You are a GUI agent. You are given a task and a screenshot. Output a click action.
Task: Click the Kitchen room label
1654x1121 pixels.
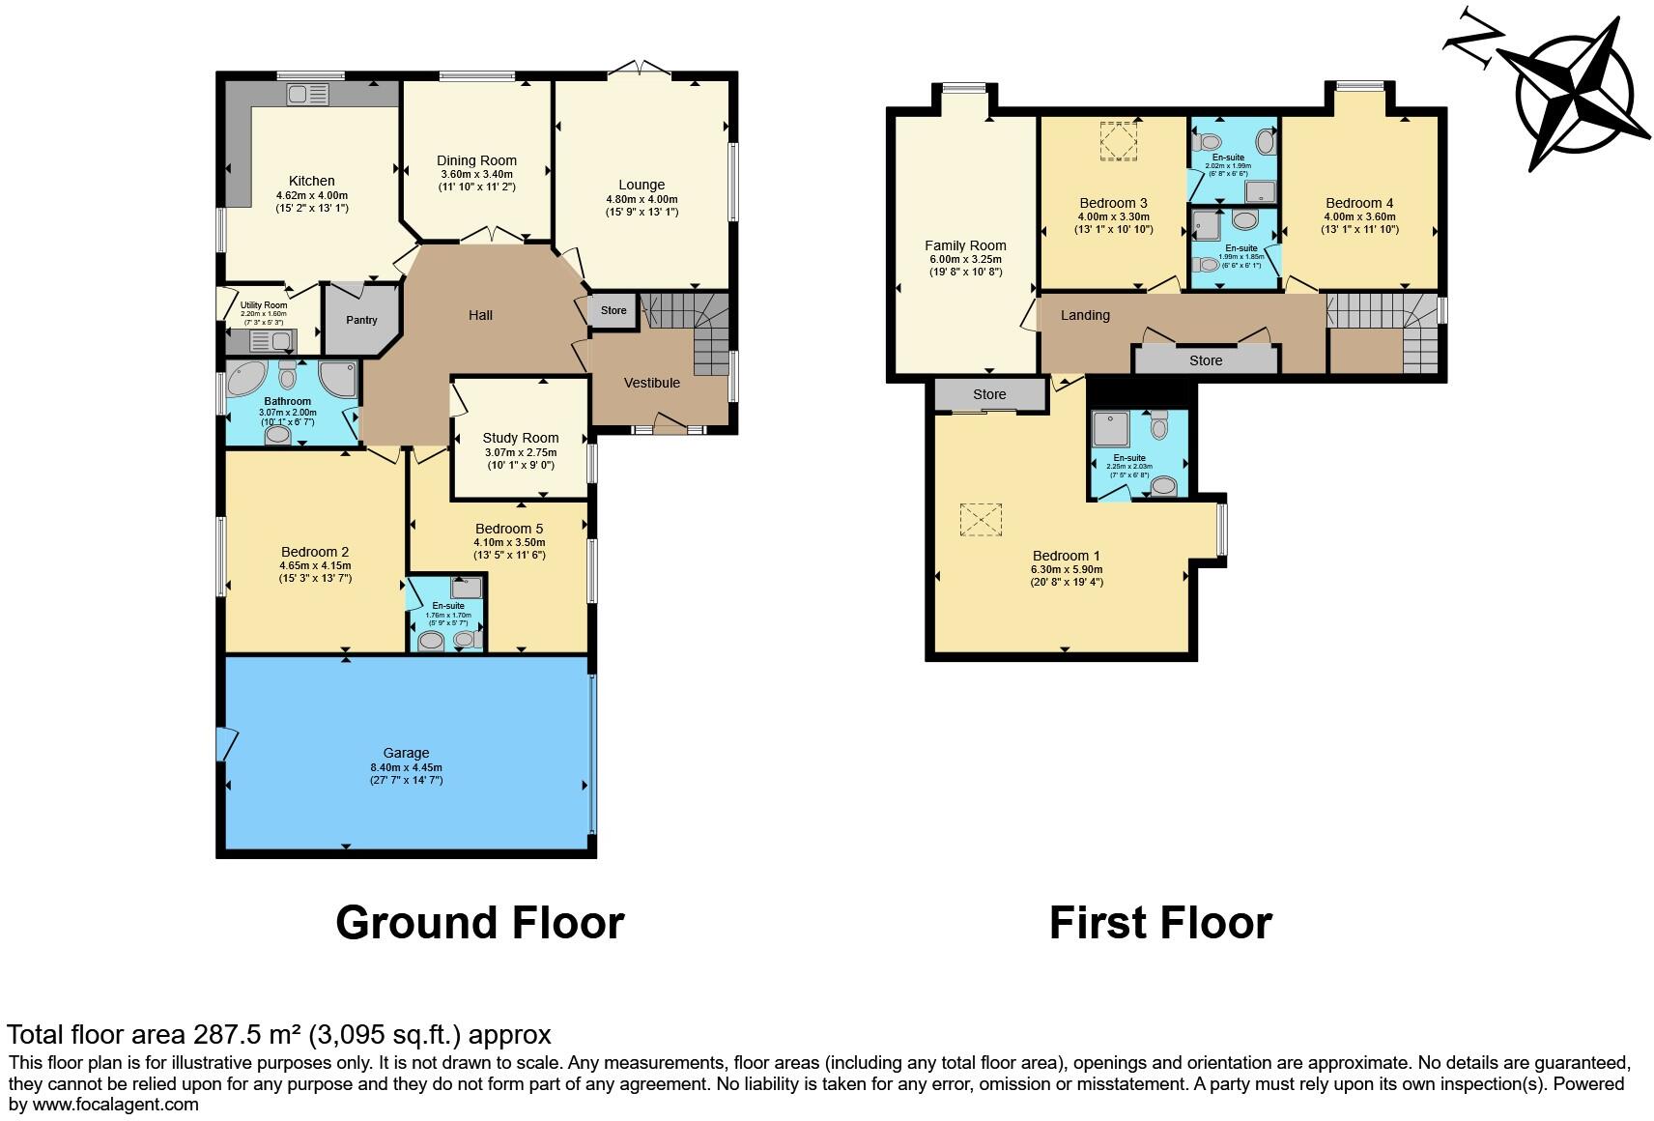coord(311,181)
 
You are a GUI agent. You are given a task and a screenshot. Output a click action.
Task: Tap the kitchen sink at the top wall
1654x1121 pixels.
coord(308,94)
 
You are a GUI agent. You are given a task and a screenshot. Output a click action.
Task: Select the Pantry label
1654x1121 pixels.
coord(361,320)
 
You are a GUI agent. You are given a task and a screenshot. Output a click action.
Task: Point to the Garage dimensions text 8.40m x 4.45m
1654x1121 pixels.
coord(406,767)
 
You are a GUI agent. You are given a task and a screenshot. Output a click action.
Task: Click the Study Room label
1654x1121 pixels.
coord(521,438)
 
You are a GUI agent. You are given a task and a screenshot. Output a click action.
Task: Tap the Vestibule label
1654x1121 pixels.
coord(651,383)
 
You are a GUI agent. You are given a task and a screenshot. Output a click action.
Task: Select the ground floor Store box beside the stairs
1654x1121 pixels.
coord(613,310)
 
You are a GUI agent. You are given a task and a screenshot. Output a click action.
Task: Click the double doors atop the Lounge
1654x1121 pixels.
coord(639,68)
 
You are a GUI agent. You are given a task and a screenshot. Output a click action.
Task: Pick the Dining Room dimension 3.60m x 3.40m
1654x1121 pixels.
coord(476,174)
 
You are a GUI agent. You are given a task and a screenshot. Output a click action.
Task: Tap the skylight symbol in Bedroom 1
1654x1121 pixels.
coord(981,519)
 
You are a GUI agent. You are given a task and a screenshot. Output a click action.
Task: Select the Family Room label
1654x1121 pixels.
coord(965,245)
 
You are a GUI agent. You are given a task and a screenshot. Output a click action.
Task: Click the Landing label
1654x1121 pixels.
coord(1085,315)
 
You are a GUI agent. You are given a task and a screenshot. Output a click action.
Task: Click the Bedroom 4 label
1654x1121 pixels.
coord(1359,203)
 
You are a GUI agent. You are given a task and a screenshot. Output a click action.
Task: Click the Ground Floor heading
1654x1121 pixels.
coord(479,923)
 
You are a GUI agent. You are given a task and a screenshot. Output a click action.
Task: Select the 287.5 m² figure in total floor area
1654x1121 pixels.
coord(247,1035)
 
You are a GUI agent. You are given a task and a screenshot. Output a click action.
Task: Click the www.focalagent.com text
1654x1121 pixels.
coord(116,1105)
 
